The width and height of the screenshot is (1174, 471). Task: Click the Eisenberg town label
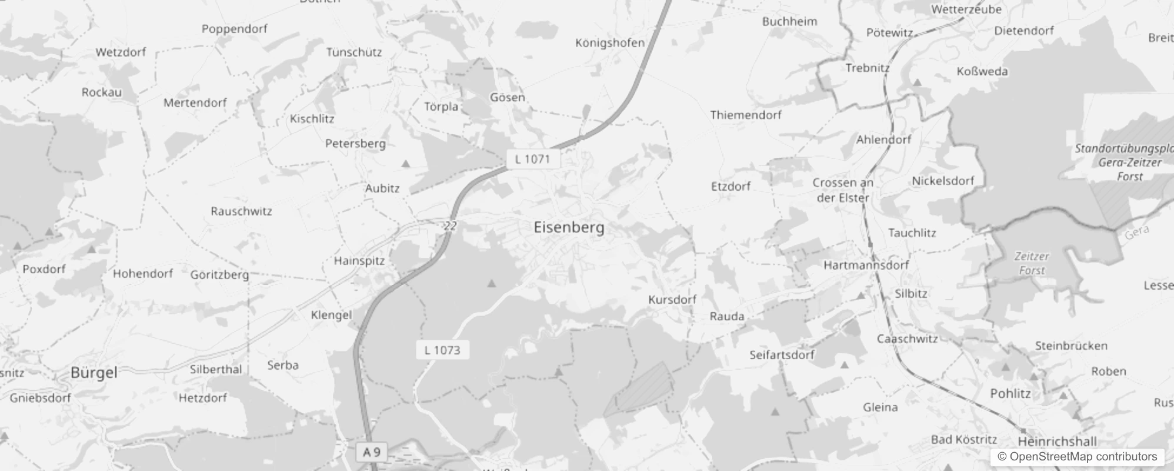(x=569, y=228)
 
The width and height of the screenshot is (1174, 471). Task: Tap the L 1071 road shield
(x=532, y=159)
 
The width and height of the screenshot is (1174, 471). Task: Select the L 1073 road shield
(x=442, y=350)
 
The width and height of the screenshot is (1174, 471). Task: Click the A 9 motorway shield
(x=372, y=452)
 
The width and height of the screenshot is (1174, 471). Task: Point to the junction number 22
(x=451, y=225)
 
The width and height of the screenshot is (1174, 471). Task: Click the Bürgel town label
(x=94, y=373)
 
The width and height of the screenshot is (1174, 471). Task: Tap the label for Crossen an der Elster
(x=843, y=190)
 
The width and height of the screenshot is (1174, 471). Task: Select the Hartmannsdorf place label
(x=866, y=265)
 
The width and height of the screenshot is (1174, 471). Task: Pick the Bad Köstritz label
(x=963, y=440)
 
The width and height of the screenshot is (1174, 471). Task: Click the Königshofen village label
(x=609, y=43)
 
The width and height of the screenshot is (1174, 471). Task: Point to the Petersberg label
(x=355, y=144)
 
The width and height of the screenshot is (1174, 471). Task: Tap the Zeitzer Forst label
(x=1032, y=263)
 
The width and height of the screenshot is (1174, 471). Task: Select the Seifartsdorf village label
(x=782, y=355)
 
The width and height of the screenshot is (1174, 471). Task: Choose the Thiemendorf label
(x=745, y=115)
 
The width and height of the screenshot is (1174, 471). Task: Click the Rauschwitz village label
(x=241, y=211)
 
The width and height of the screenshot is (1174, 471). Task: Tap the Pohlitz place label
(x=1010, y=393)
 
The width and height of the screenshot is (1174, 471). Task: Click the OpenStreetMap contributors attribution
(x=1077, y=457)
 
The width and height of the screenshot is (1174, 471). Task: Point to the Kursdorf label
(x=672, y=300)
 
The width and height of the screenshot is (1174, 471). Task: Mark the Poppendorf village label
(x=234, y=29)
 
